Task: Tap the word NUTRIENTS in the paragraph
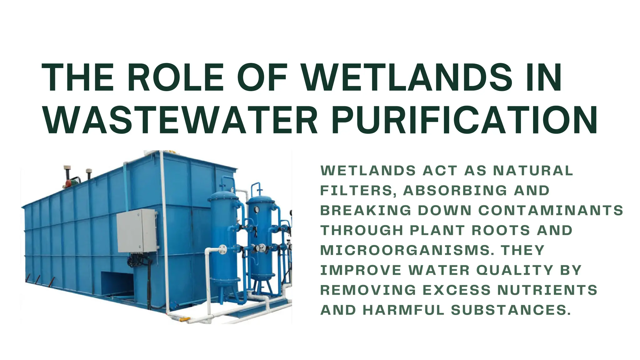(547, 290)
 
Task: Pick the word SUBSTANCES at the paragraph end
(511, 310)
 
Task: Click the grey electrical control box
(137, 231)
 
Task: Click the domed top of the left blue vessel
(223, 196)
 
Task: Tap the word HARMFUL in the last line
(403, 310)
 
